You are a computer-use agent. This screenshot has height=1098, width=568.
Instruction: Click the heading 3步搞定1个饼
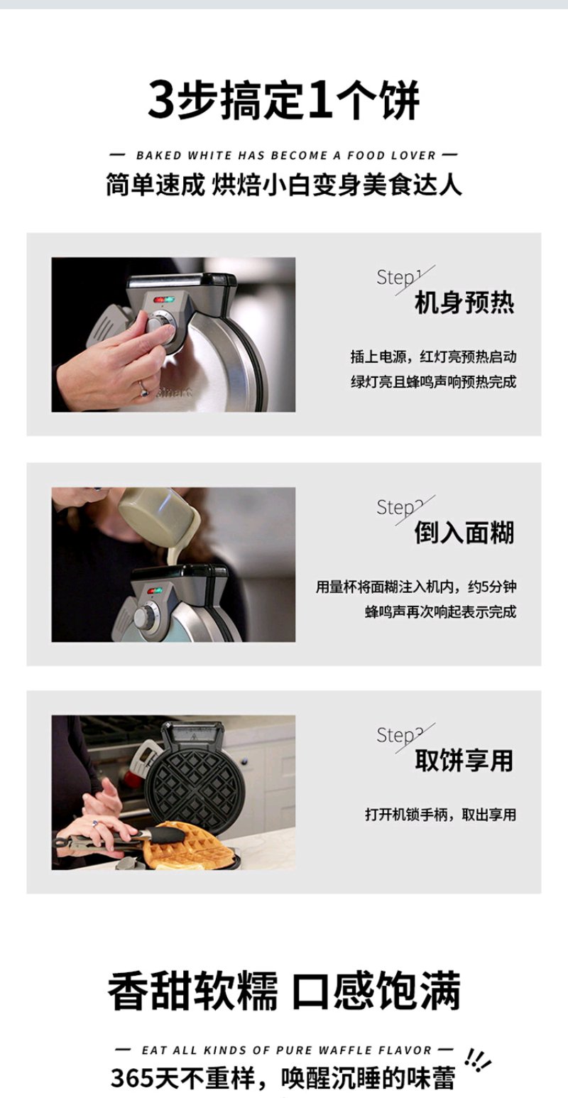tap(284, 100)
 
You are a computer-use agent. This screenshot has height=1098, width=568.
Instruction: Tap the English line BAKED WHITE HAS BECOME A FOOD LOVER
tap(285, 156)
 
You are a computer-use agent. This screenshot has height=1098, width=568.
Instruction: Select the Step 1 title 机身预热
tap(464, 302)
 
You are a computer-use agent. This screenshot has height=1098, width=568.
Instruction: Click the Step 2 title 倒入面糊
tap(464, 533)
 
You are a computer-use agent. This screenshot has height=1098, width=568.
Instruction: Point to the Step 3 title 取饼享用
tap(464, 760)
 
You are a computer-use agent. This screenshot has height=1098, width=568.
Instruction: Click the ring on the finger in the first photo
tap(143, 388)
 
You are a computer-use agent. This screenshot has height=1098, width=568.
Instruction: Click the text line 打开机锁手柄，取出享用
tap(440, 815)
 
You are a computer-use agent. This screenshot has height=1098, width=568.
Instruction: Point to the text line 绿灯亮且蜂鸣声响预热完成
tap(433, 382)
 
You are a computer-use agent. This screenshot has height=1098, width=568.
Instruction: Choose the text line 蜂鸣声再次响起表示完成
tap(440, 611)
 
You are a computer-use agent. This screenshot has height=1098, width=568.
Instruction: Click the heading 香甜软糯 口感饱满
tap(284, 991)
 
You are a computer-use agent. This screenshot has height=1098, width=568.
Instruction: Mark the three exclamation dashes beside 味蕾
tap(477, 1061)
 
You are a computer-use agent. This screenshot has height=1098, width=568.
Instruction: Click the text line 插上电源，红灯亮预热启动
tap(433, 357)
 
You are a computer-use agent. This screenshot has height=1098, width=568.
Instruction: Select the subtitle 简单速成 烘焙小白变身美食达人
tap(284, 185)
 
